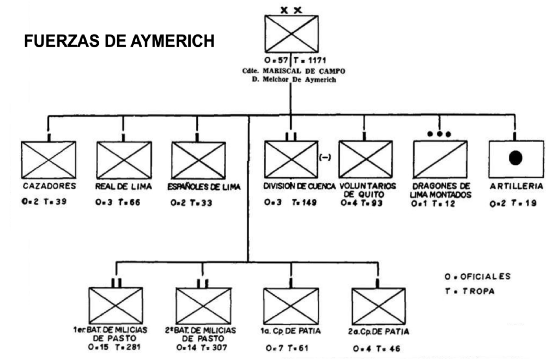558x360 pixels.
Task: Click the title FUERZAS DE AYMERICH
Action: click(x=119, y=41)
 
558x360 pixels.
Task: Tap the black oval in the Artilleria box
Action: click(x=515, y=158)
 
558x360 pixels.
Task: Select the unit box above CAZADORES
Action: click(x=48, y=160)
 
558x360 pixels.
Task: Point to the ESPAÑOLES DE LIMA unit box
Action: click(x=198, y=160)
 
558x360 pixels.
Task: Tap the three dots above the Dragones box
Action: click(x=440, y=133)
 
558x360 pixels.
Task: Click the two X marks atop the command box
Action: click(x=291, y=9)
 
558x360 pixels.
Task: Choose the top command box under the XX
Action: click(x=291, y=34)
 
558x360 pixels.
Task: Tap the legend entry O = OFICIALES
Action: click(x=477, y=276)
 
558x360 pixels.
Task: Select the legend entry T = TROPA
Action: click(x=470, y=291)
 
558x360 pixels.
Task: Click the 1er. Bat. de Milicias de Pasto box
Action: click(x=116, y=306)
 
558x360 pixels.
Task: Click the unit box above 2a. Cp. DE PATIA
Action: click(x=378, y=306)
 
